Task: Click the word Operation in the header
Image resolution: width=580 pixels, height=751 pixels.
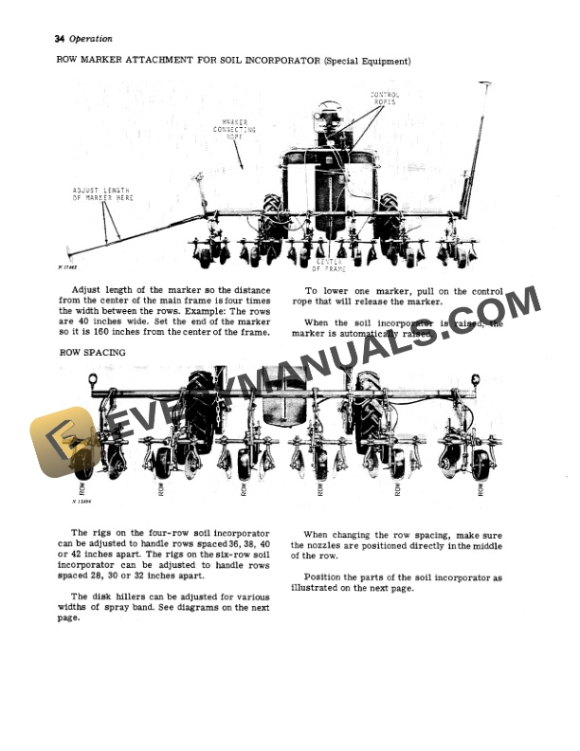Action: click(x=91, y=39)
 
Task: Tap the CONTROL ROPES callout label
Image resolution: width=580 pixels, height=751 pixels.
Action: click(x=384, y=99)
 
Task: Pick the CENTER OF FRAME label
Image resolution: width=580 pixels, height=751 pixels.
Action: click(x=329, y=266)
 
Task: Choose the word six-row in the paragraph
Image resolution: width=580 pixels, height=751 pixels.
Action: click(x=231, y=559)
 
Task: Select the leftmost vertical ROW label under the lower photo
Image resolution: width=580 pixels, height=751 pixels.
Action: click(x=82, y=489)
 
